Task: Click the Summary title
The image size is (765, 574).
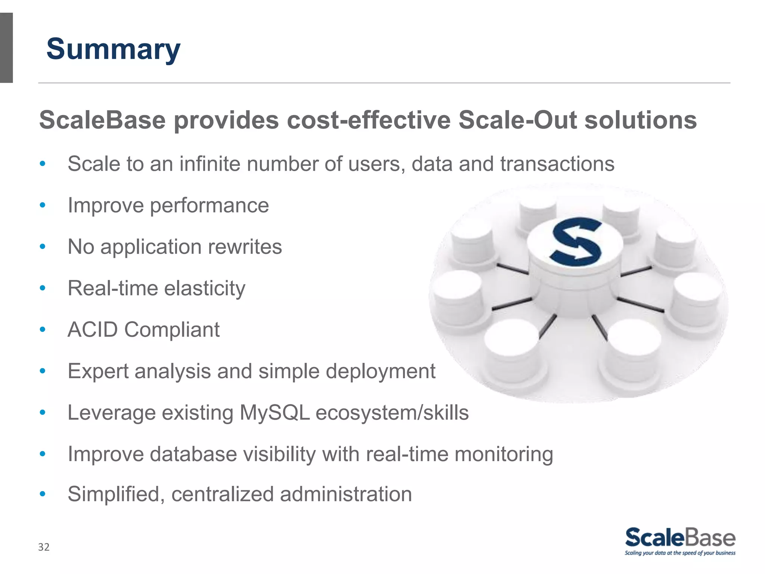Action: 113,49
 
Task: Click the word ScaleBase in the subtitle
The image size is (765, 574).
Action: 102,120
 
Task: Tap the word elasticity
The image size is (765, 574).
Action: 205,288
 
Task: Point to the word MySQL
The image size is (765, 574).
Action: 275,413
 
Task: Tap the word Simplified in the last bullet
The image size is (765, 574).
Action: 116,494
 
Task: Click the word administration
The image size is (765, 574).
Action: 346,494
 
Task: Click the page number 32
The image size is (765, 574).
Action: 44,547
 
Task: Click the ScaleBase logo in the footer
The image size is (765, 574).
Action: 680,538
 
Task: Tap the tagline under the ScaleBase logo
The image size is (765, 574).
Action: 680,553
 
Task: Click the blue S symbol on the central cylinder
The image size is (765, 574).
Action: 576,242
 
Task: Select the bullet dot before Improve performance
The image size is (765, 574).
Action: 43,205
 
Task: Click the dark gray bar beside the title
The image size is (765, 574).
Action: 6,48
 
